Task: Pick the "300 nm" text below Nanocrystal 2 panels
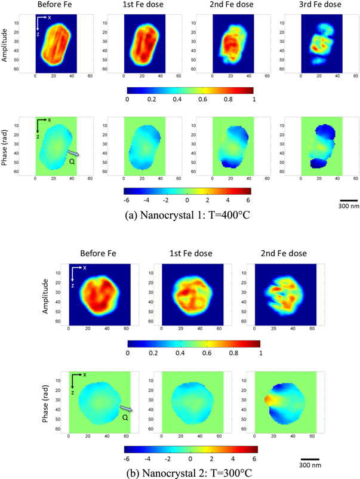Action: click(310, 463)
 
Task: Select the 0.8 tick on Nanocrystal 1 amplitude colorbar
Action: click(228, 100)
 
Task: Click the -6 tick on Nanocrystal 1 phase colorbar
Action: click(127, 201)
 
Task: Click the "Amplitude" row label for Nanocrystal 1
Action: click(6, 42)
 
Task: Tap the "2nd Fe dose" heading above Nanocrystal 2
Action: click(284, 253)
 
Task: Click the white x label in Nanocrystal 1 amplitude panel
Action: click(50, 17)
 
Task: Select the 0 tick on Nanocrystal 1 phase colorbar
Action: click(187, 201)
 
